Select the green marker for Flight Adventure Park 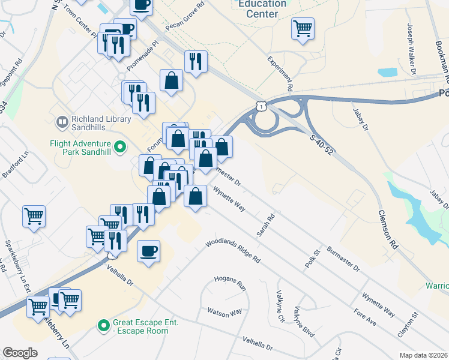[x=120, y=145]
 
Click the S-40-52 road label [x=321, y=145]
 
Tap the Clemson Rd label [x=388, y=229]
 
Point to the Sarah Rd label [x=265, y=224]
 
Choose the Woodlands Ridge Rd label [x=233, y=252]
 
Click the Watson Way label [x=224, y=312]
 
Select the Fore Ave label [x=365, y=318]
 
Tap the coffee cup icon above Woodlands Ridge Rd [x=148, y=251]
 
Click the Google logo [x=20, y=353]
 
